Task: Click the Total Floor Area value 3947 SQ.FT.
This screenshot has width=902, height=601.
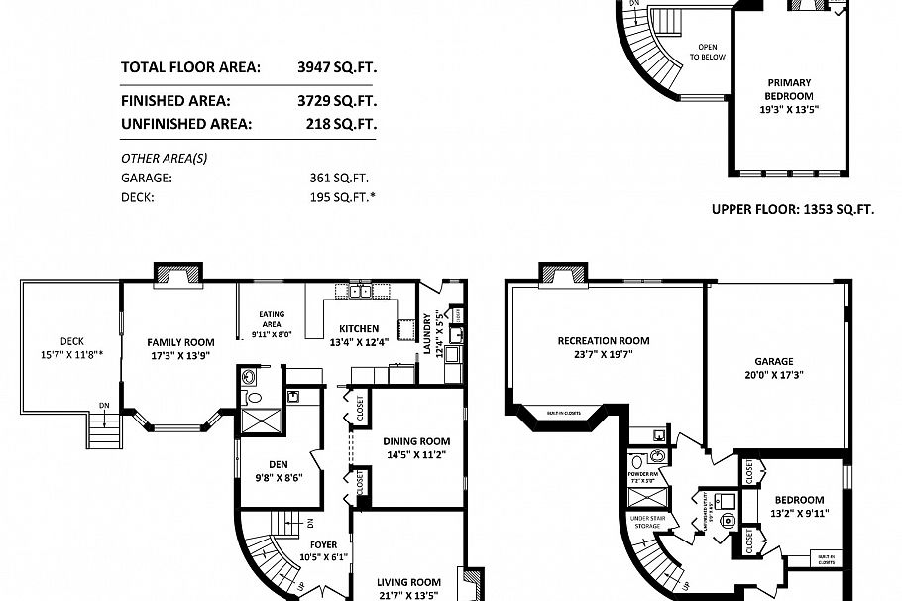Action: pyautogui.click(x=337, y=67)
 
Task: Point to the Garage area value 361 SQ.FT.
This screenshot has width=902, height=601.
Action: pyautogui.click(x=339, y=179)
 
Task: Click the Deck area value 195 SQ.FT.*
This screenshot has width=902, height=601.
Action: pyautogui.click(x=342, y=197)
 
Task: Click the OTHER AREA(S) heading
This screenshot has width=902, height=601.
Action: pyautogui.click(x=164, y=158)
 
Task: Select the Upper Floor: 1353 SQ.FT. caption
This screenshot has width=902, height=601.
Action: pyautogui.click(x=792, y=209)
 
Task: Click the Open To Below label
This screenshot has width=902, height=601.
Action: pyautogui.click(x=708, y=52)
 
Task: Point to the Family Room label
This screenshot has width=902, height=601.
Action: pyautogui.click(x=181, y=341)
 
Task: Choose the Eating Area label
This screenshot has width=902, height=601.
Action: pyautogui.click(x=272, y=319)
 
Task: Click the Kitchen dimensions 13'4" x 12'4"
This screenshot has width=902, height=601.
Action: pyautogui.click(x=358, y=342)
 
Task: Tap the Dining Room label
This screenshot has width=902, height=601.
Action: pyautogui.click(x=416, y=441)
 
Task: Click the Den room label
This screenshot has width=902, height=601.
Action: pyautogui.click(x=278, y=463)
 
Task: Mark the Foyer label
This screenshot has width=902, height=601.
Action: pyautogui.click(x=322, y=544)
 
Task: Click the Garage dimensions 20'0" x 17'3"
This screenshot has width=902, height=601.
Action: pyautogui.click(x=774, y=376)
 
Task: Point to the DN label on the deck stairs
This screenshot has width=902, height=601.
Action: pyautogui.click(x=104, y=405)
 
